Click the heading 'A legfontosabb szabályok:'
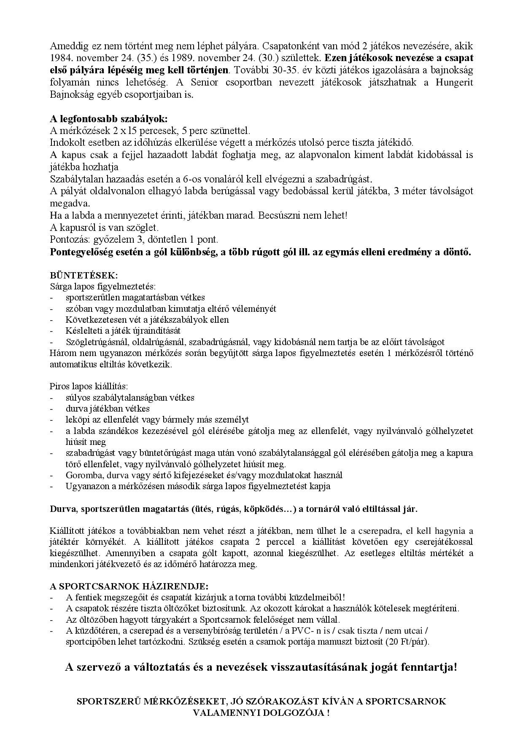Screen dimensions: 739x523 tap(108, 119)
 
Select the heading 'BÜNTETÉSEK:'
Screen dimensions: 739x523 tap(84, 275)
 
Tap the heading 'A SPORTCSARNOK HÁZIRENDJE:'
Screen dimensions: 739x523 tap(129, 586)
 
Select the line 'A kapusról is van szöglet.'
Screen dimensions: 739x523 tap(104, 228)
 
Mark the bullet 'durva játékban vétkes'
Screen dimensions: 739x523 tap(108, 408)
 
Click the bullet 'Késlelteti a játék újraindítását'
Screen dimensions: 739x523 tap(123, 330)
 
